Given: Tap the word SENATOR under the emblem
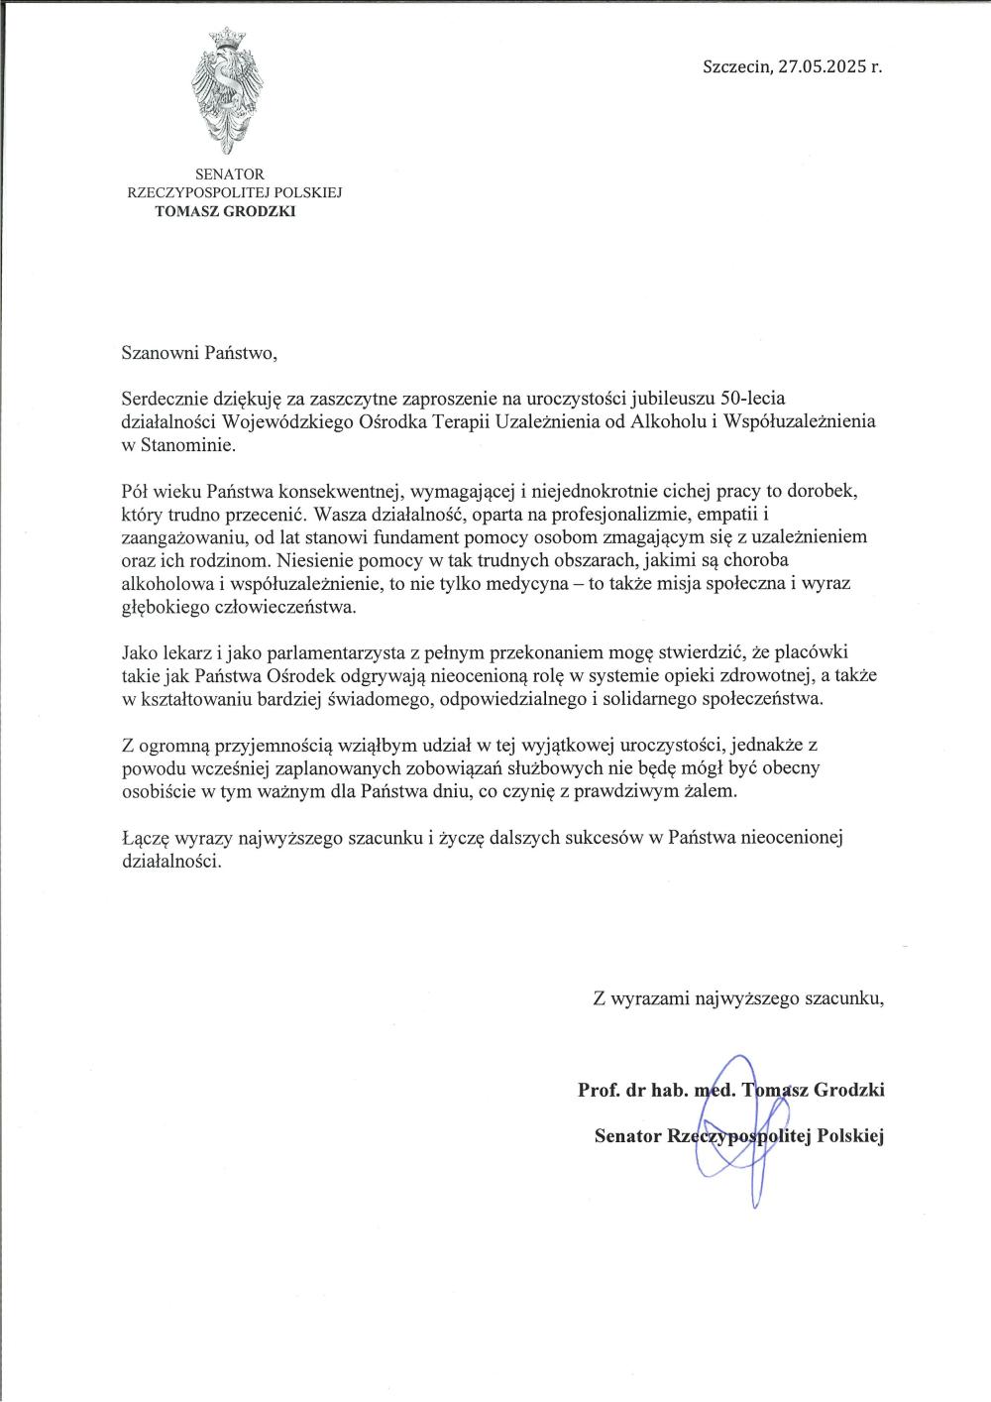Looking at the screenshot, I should (229, 175).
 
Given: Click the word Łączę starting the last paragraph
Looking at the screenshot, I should (144, 839).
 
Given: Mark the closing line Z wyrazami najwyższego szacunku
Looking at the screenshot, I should (737, 998).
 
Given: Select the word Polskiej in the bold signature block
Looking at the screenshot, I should (849, 1135).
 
